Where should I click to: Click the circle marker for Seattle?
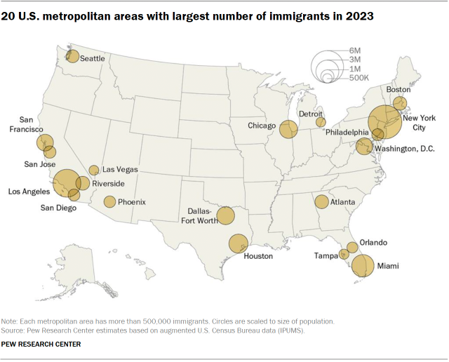pyautogui.click(x=72, y=56)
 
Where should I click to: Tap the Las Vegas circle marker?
pyautogui.click(x=94, y=170)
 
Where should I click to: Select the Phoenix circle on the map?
pyautogui.click(x=109, y=202)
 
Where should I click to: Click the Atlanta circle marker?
pyautogui.click(x=321, y=202)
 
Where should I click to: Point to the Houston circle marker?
pyautogui.click(x=239, y=243)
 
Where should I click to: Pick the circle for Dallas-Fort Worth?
pyautogui.click(x=225, y=215)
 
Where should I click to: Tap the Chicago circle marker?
pyautogui.click(x=288, y=129)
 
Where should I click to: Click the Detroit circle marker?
pyautogui.click(x=321, y=122)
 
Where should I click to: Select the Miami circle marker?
pyautogui.click(x=363, y=265)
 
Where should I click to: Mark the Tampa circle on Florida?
pyautogui.click(x=344, y=254)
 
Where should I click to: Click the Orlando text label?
pyautogui.click(x=373, y=243)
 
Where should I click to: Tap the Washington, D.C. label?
pyautogui.click(x=404, y=149)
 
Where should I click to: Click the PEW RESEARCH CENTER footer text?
pyautogui.click(x=41, y=344)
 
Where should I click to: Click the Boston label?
pyautogui.click(x=398, y=90)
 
